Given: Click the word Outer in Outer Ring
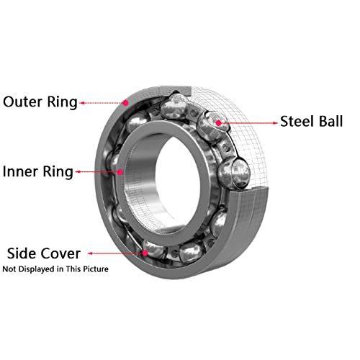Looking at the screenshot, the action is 23,102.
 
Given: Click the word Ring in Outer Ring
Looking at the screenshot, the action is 62,102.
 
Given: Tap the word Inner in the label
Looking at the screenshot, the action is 20,171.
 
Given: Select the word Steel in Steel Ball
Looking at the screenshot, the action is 297,121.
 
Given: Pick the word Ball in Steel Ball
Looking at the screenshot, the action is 330,121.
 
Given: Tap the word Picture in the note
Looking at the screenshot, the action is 96,269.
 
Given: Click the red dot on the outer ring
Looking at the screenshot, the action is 125,103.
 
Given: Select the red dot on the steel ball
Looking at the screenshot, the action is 218,123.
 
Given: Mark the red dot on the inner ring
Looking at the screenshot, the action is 120,172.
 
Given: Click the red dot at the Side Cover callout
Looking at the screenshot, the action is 145,253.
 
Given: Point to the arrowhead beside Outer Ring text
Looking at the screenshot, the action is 82,103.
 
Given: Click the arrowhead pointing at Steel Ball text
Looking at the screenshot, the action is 275,123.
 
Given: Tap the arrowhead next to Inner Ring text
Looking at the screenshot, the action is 78,172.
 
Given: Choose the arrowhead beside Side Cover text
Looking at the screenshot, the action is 90,253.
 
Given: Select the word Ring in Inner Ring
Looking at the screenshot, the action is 58,172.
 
